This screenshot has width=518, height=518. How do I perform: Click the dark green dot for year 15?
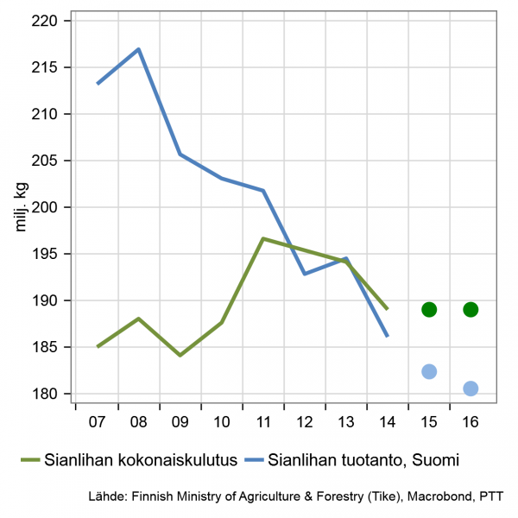[x=429, y=309]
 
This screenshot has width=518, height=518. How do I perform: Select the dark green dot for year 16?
[x=471, y=309]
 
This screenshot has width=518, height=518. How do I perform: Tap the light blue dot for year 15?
[x=429, y=371]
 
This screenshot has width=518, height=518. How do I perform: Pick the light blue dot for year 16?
[x=471, y=388]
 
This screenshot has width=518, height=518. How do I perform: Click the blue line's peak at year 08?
[x=138, y=49]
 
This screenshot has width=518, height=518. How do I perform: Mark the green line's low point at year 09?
[x=180, y=355]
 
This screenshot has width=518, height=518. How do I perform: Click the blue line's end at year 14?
[x=388, y=336]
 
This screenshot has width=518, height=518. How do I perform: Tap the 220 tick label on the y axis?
[x=44, y=21]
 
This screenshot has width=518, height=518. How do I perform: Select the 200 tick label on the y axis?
[x=44, y=207]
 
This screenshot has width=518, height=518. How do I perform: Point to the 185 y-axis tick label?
[x=44, y=347]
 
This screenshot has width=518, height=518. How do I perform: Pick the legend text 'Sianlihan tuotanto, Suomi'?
[x=362, y=460]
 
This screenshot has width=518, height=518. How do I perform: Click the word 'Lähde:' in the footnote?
[x=106, y=497]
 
